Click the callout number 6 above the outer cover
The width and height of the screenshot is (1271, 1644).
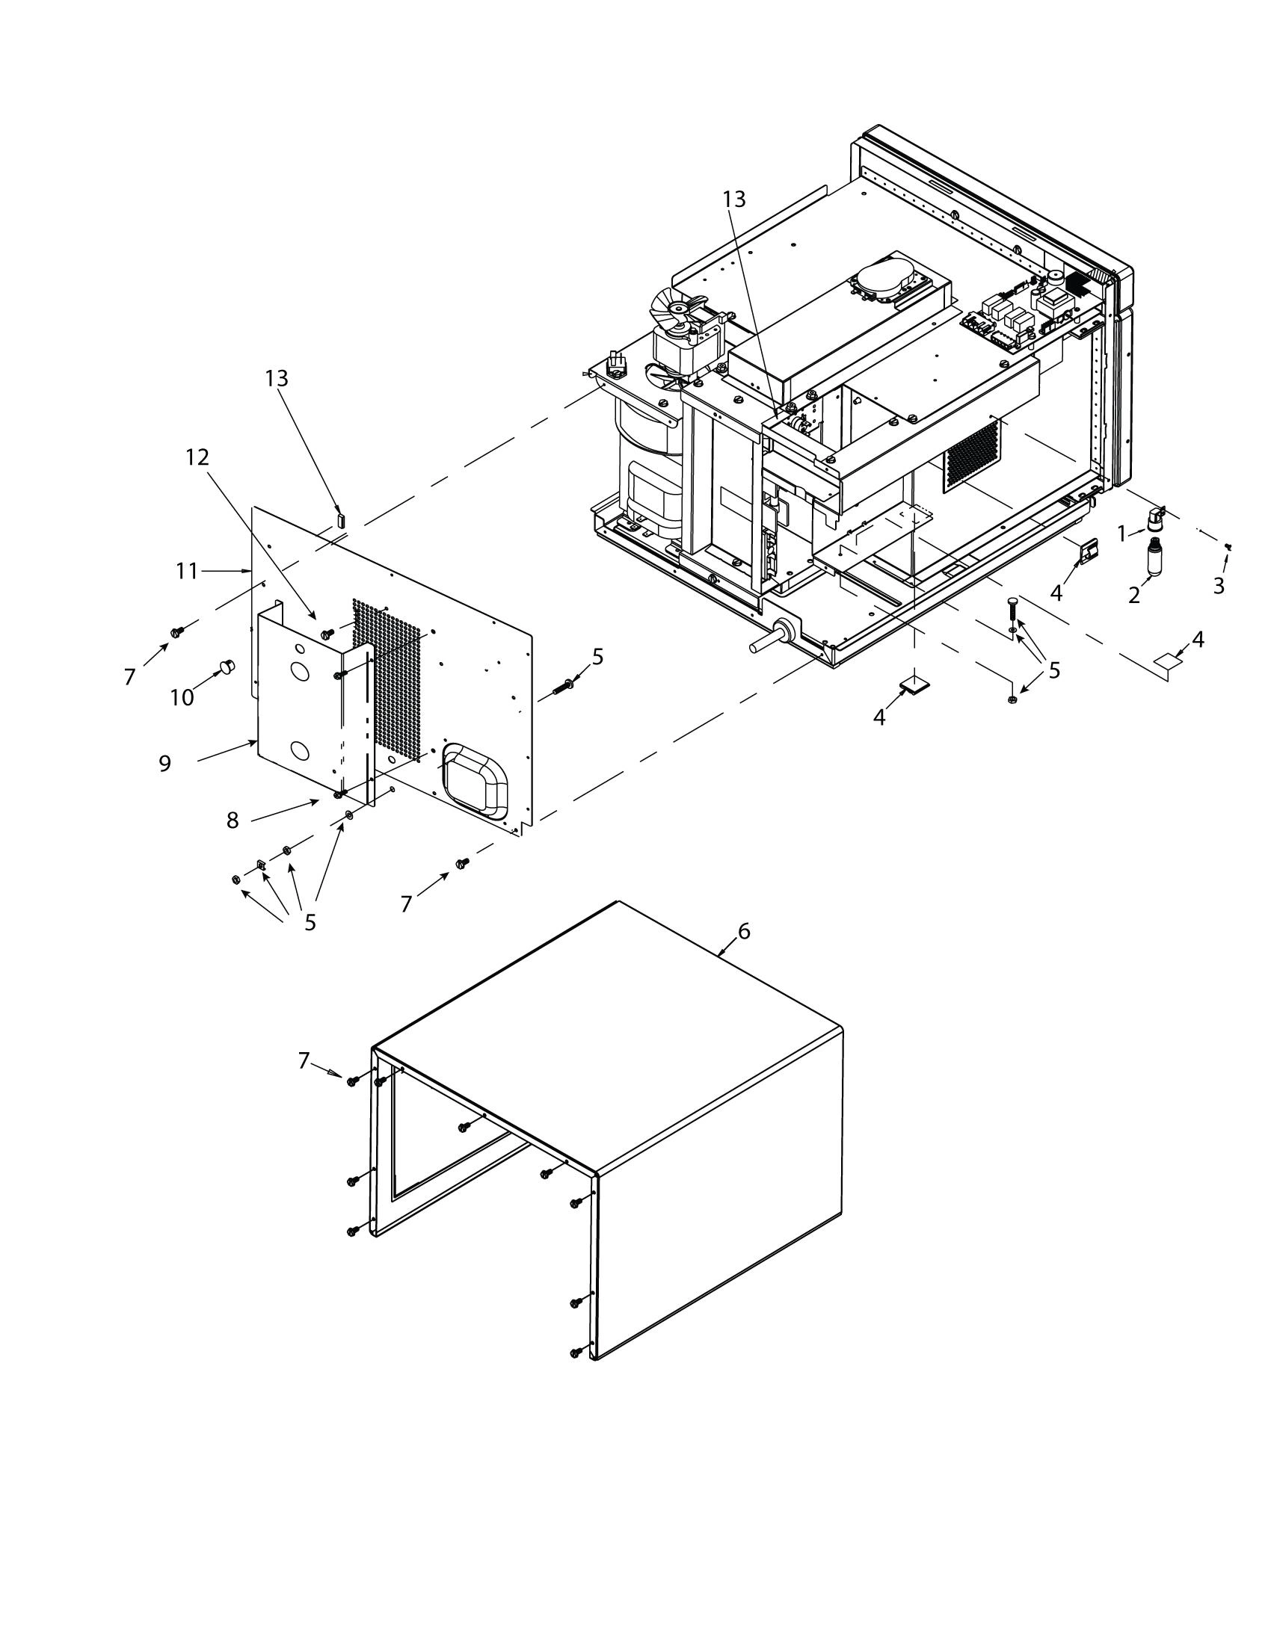[744, 931]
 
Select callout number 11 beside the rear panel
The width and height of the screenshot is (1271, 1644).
[187, 572]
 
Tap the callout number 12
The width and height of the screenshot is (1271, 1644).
[198, 457]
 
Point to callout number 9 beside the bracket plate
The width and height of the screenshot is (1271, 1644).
[165, 763]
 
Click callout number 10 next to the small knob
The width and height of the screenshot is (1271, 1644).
[182, 697]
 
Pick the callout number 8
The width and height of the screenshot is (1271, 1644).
[233, 821]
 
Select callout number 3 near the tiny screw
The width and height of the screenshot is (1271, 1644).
[1219, 585]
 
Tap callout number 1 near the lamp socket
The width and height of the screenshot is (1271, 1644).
[1122, 534]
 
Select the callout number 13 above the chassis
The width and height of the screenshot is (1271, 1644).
[734, 199]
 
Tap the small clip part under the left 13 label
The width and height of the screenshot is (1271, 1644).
[340, 519]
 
